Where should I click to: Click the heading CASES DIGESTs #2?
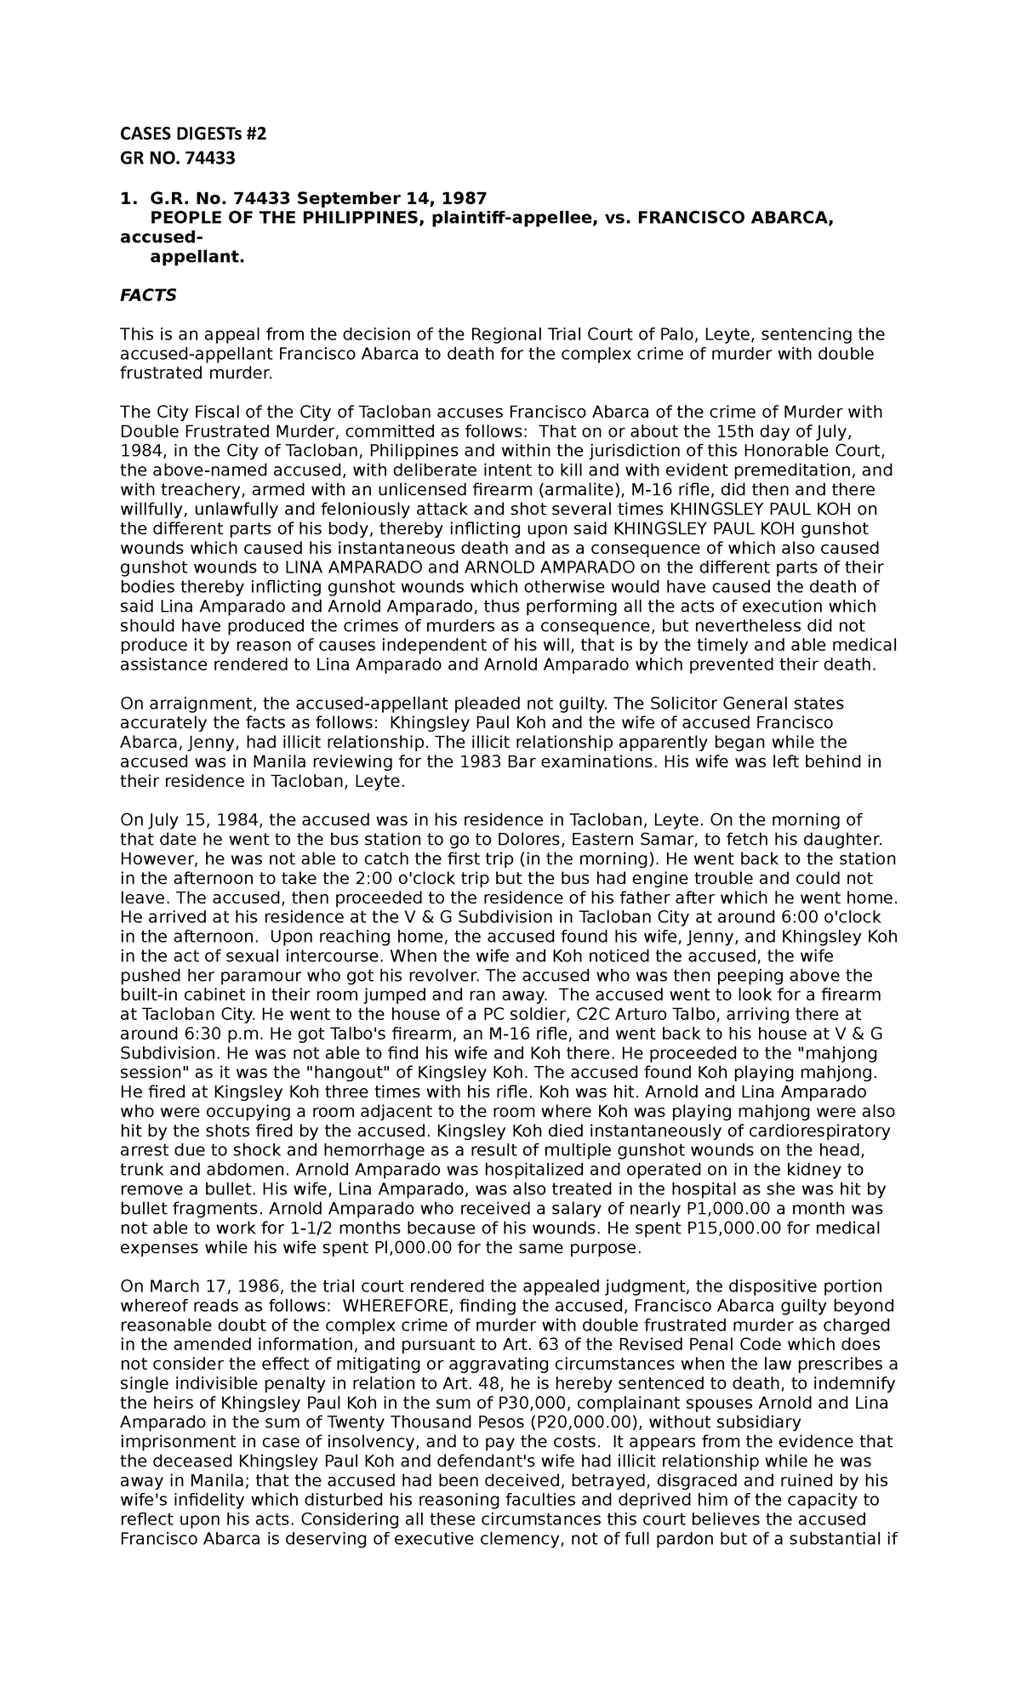click(192, 134)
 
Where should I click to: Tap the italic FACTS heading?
click(148, 295)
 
